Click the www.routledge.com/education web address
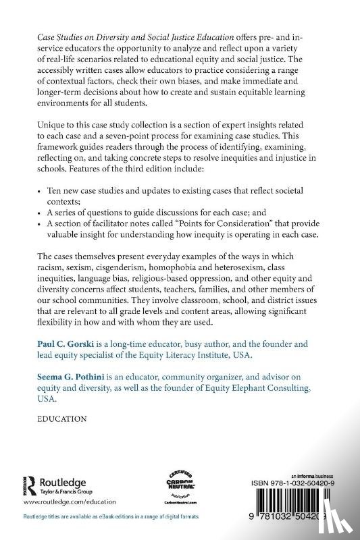(70, 503)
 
